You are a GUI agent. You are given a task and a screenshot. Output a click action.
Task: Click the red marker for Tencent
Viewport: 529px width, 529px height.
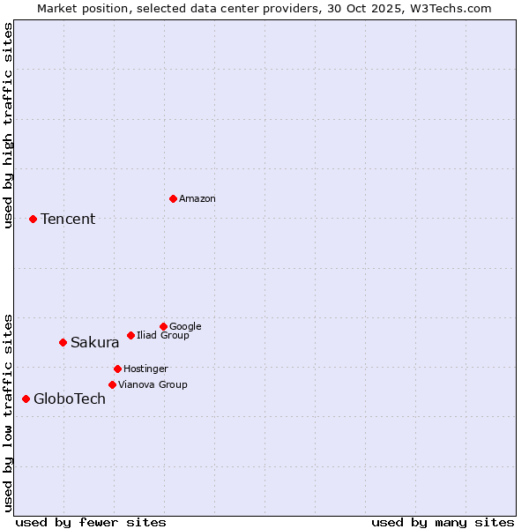(33, 219)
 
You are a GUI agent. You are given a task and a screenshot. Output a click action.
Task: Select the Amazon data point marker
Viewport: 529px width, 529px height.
(173, 198)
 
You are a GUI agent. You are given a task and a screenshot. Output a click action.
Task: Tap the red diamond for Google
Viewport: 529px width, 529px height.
(163, 326)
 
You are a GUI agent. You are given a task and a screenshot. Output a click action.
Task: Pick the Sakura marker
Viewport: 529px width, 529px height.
(63, 342)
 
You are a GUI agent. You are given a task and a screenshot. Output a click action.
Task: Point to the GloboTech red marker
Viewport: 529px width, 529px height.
(26, 399)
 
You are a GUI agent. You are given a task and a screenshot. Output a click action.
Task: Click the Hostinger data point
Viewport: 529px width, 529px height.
(117, 369)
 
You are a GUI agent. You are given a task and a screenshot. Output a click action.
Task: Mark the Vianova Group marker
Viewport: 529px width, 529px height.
(112, 384)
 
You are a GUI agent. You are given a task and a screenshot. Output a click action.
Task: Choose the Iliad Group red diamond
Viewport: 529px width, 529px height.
(130, 335)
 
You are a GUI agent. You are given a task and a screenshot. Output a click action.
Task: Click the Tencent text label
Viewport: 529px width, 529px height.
(68, 219)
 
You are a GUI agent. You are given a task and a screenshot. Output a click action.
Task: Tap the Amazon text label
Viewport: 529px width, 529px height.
(197, 198)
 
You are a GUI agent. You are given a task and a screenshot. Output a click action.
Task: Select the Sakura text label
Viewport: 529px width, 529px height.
(95, 342)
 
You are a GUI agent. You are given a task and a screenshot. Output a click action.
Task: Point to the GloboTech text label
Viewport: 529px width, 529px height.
(70, 399)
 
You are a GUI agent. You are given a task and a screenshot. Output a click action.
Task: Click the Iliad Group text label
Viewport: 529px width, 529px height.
(163, 335)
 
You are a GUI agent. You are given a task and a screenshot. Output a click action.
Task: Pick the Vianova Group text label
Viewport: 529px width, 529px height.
(153, 384)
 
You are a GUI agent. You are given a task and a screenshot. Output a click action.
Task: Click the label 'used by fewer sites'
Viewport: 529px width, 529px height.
(91, 522)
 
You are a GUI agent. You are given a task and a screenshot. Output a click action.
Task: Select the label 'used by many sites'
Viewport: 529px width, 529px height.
(443, 522)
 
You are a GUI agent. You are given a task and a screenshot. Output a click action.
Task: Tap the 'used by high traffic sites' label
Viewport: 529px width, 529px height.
(8, 125)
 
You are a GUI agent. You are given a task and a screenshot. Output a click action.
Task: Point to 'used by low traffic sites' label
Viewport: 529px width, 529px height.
(8, 412)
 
